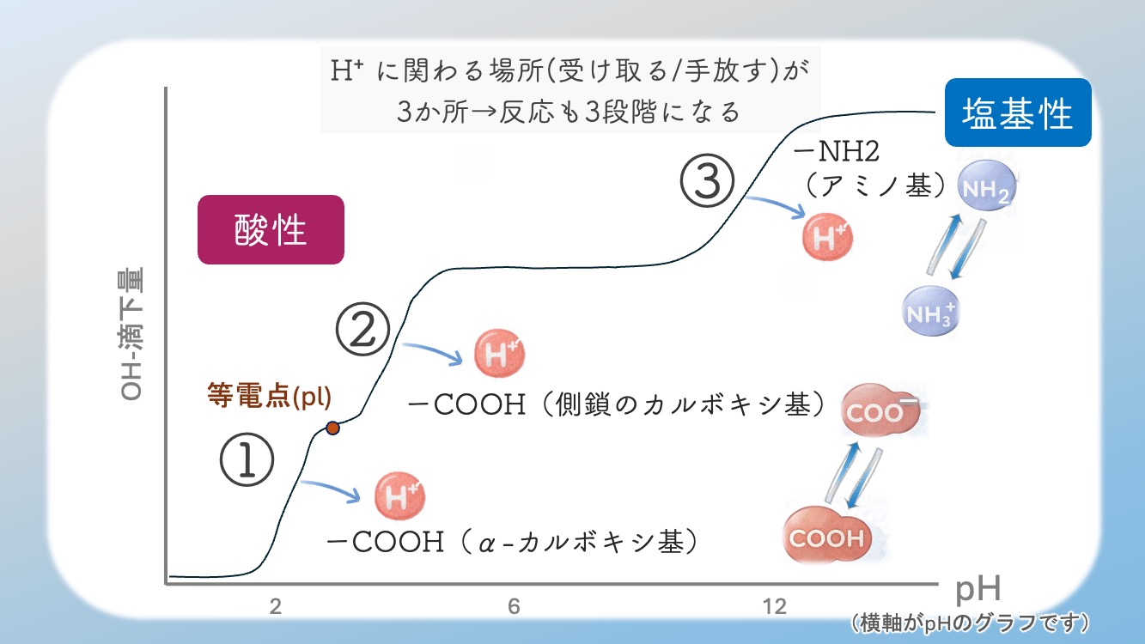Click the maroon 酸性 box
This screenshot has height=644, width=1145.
click(x=271, y=230)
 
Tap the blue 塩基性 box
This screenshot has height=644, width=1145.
click(x=1018, y=112)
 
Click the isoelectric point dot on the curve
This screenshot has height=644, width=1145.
click(x=332, y=428)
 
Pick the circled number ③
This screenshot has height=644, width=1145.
click(x=708, y=182)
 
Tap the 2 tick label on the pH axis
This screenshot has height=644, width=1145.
click(x=276, y=607)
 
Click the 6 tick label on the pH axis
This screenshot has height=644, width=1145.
click(x=514, y=607)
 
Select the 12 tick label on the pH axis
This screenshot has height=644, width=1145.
click(x=774, y=607)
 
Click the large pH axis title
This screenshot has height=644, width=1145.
click(x=979, y=590)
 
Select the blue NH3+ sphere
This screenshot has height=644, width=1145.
click(x=931, y=310)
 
